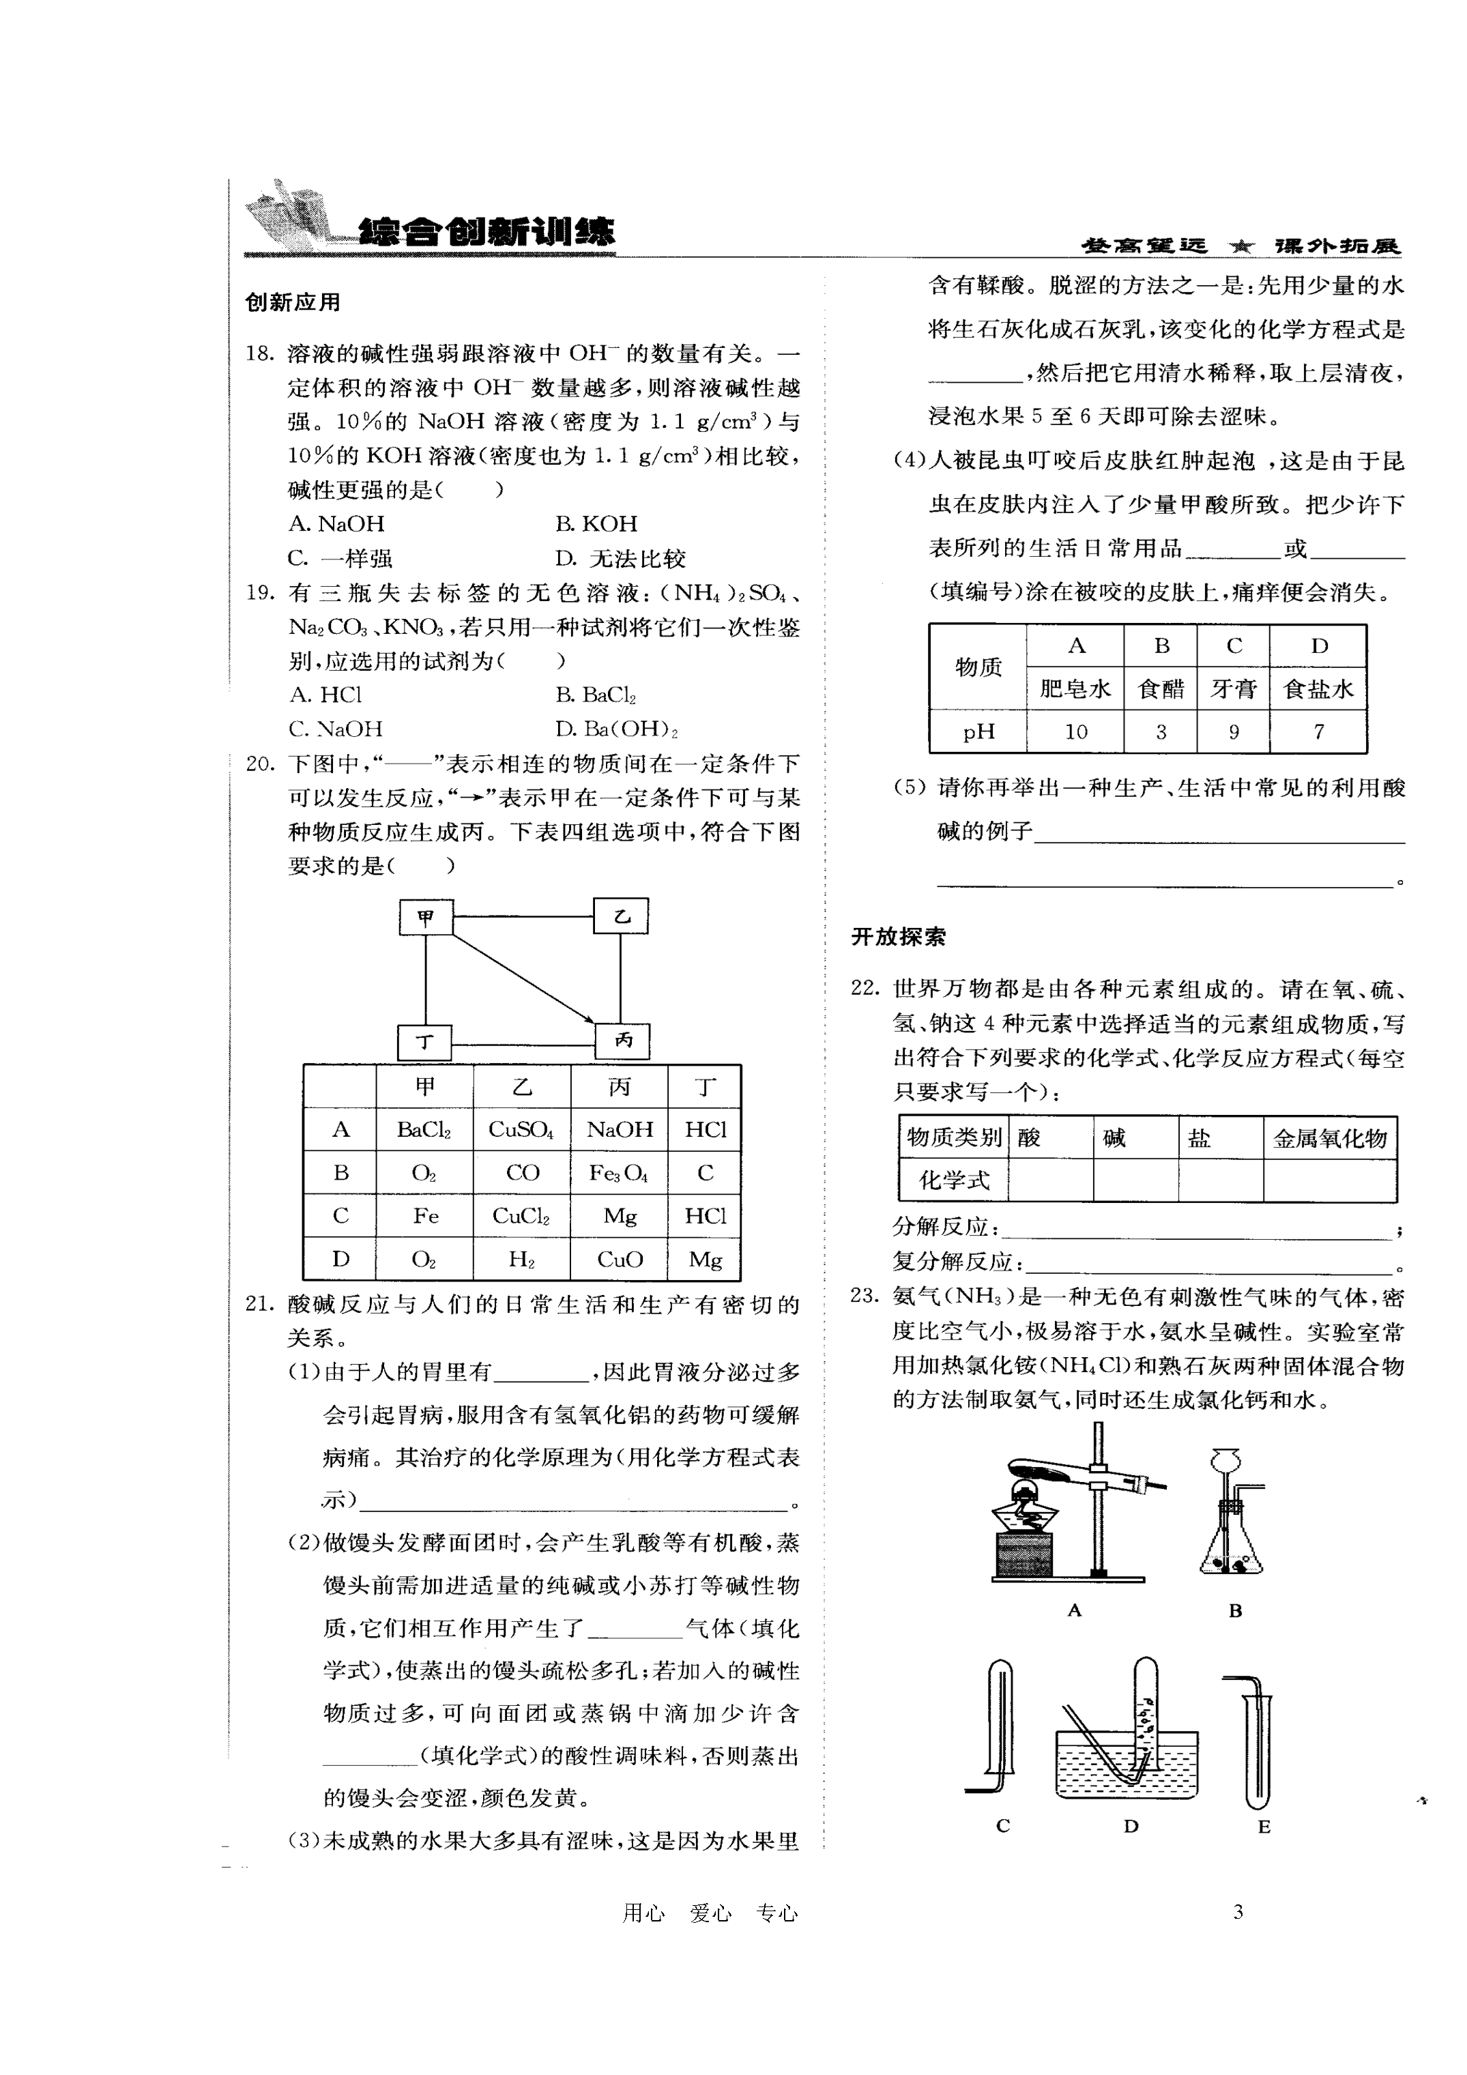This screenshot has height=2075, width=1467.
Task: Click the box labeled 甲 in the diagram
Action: tap(426, 917)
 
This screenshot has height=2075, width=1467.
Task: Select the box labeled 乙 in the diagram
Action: tap(621, 916)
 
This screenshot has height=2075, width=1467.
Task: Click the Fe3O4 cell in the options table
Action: tap(618, 1172)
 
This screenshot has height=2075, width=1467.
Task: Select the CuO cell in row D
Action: tap(619, 1259)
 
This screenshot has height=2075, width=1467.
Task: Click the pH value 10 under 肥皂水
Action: tap(1075, 731)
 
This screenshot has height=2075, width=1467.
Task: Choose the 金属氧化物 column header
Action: tap(1330, 1138)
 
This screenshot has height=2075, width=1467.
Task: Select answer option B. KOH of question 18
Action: tap(596, 524)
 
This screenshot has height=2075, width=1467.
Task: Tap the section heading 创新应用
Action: tap(293, 302)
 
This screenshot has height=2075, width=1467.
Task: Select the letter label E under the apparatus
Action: tap(1264, 1827)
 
